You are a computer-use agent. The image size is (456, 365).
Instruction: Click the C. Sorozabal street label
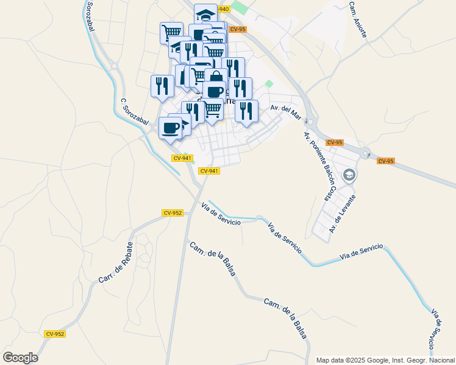click(134, 113)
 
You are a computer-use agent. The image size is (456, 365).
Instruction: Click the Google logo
click(20, 358)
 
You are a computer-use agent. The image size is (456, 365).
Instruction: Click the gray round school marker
click(349, 176)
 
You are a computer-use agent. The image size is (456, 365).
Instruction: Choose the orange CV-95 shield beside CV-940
click(238, 29)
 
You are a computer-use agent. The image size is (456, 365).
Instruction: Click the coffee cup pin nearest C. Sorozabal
click(170, 128)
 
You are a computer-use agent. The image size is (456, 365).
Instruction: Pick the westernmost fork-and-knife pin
click(162, 85)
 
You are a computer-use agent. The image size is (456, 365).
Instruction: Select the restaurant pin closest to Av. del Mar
click(246, 110)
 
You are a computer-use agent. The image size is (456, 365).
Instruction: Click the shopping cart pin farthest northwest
click(171, 32)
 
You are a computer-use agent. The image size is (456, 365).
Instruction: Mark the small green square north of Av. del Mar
click(269, 85)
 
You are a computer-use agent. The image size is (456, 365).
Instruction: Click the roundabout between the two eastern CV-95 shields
click(365, 153)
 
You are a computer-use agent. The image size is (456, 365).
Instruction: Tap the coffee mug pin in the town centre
click(215, 91)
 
